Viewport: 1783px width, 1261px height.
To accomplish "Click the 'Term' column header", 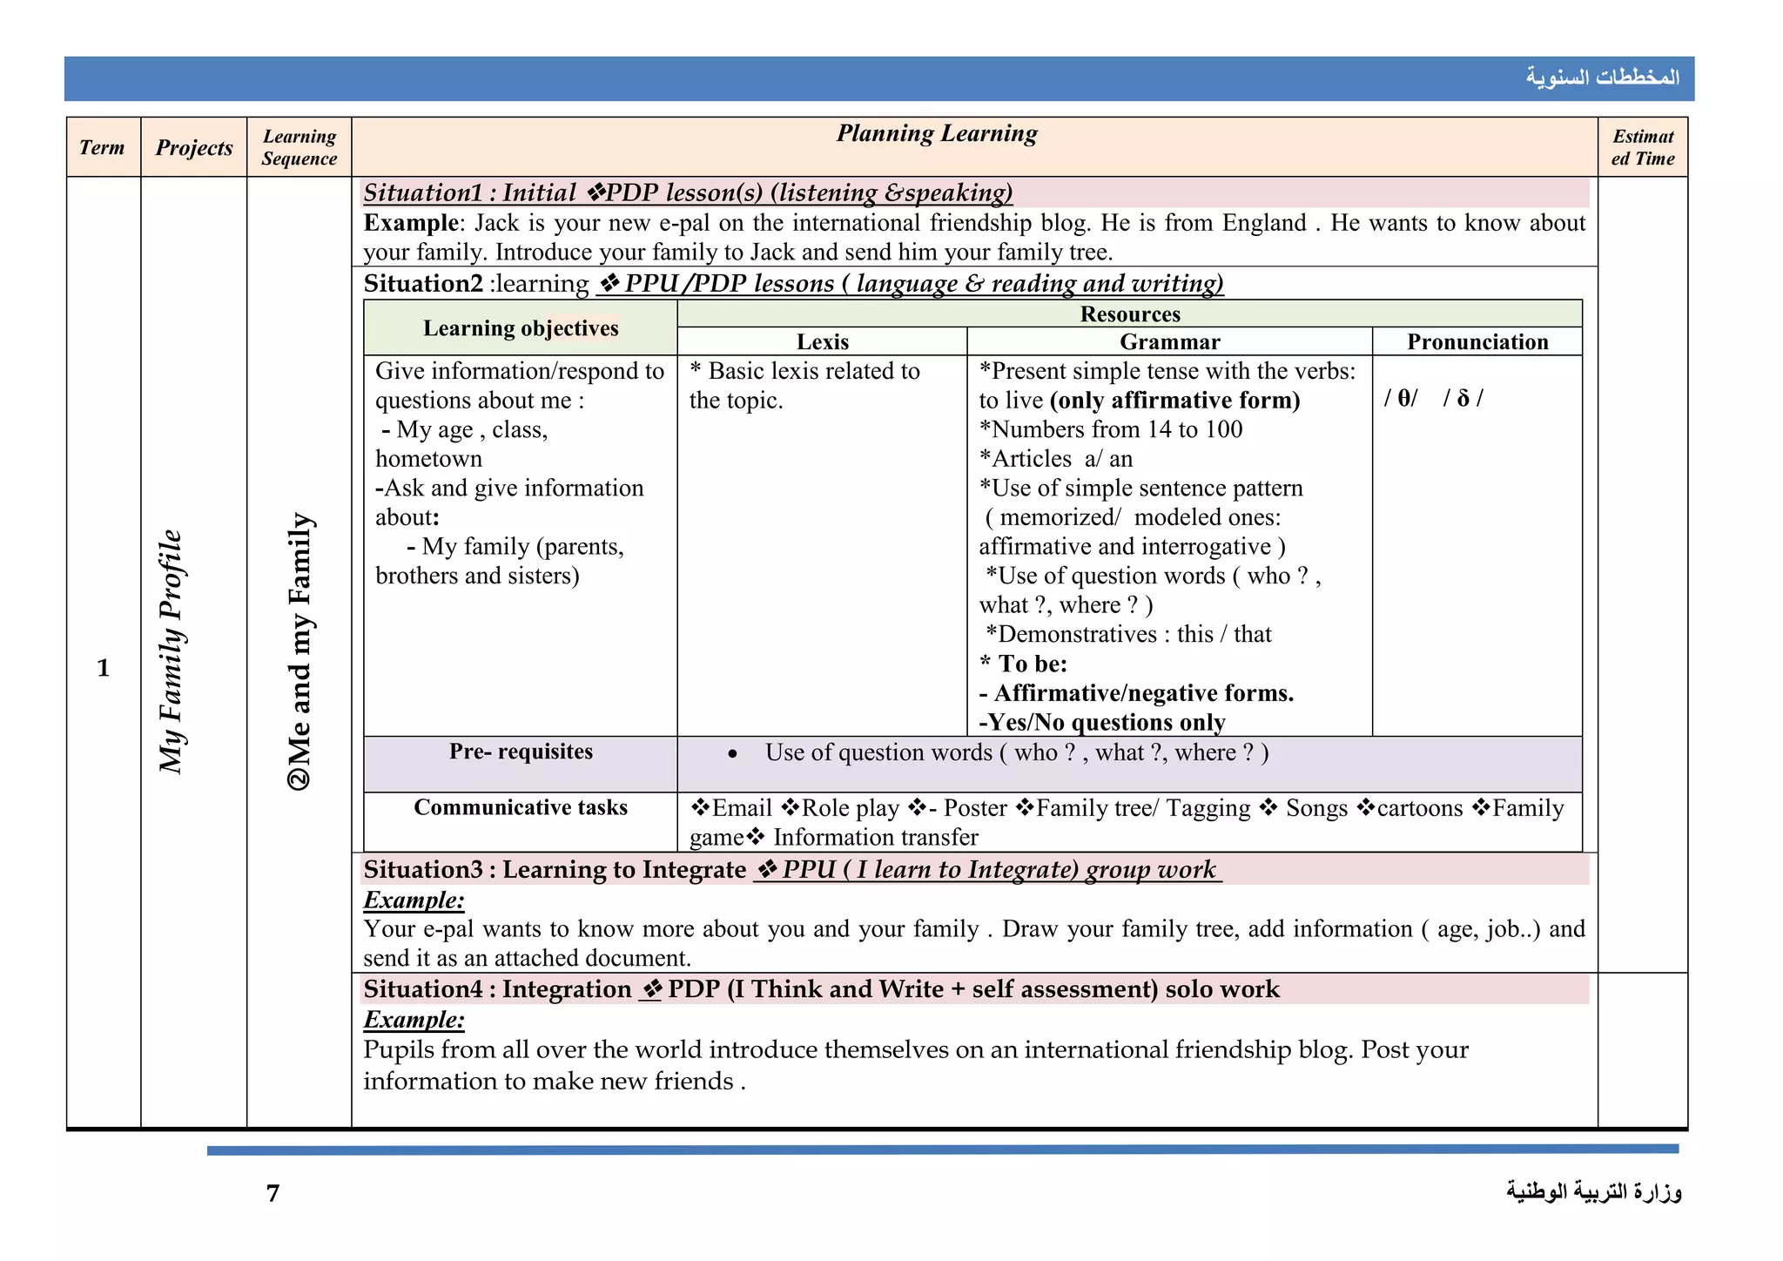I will [102, 147].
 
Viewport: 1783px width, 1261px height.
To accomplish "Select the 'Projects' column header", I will [194, 147].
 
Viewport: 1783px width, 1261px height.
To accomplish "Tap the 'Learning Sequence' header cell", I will [299, 147].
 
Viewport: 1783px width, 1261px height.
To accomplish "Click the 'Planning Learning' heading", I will [937, 133].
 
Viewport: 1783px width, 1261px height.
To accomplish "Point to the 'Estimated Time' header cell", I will [1642, 147].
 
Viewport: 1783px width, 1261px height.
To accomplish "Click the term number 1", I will [103, 668].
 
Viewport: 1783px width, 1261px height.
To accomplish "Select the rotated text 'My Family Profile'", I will [172, 651].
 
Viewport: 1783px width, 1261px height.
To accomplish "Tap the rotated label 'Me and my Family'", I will [299, 651].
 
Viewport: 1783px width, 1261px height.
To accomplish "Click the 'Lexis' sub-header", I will [822, 341].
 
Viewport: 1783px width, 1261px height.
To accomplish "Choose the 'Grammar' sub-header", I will [1169, 341].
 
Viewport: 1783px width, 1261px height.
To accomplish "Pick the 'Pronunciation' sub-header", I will [1477, 341].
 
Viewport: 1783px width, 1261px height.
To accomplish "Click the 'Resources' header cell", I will [1129, 314].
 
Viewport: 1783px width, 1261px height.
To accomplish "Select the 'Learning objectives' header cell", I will [521, 327].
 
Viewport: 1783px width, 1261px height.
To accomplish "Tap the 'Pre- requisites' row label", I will [521, 752].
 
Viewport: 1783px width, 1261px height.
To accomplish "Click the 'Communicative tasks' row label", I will [521, 807].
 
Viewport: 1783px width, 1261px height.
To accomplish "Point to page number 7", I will [273, 1193].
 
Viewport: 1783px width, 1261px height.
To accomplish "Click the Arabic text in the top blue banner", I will [1602, 78].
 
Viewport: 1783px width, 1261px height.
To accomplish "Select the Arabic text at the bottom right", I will [1594, 1191].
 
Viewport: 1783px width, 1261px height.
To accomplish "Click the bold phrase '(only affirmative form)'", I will [1174, 400].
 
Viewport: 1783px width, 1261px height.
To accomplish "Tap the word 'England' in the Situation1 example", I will [1264, 223].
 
